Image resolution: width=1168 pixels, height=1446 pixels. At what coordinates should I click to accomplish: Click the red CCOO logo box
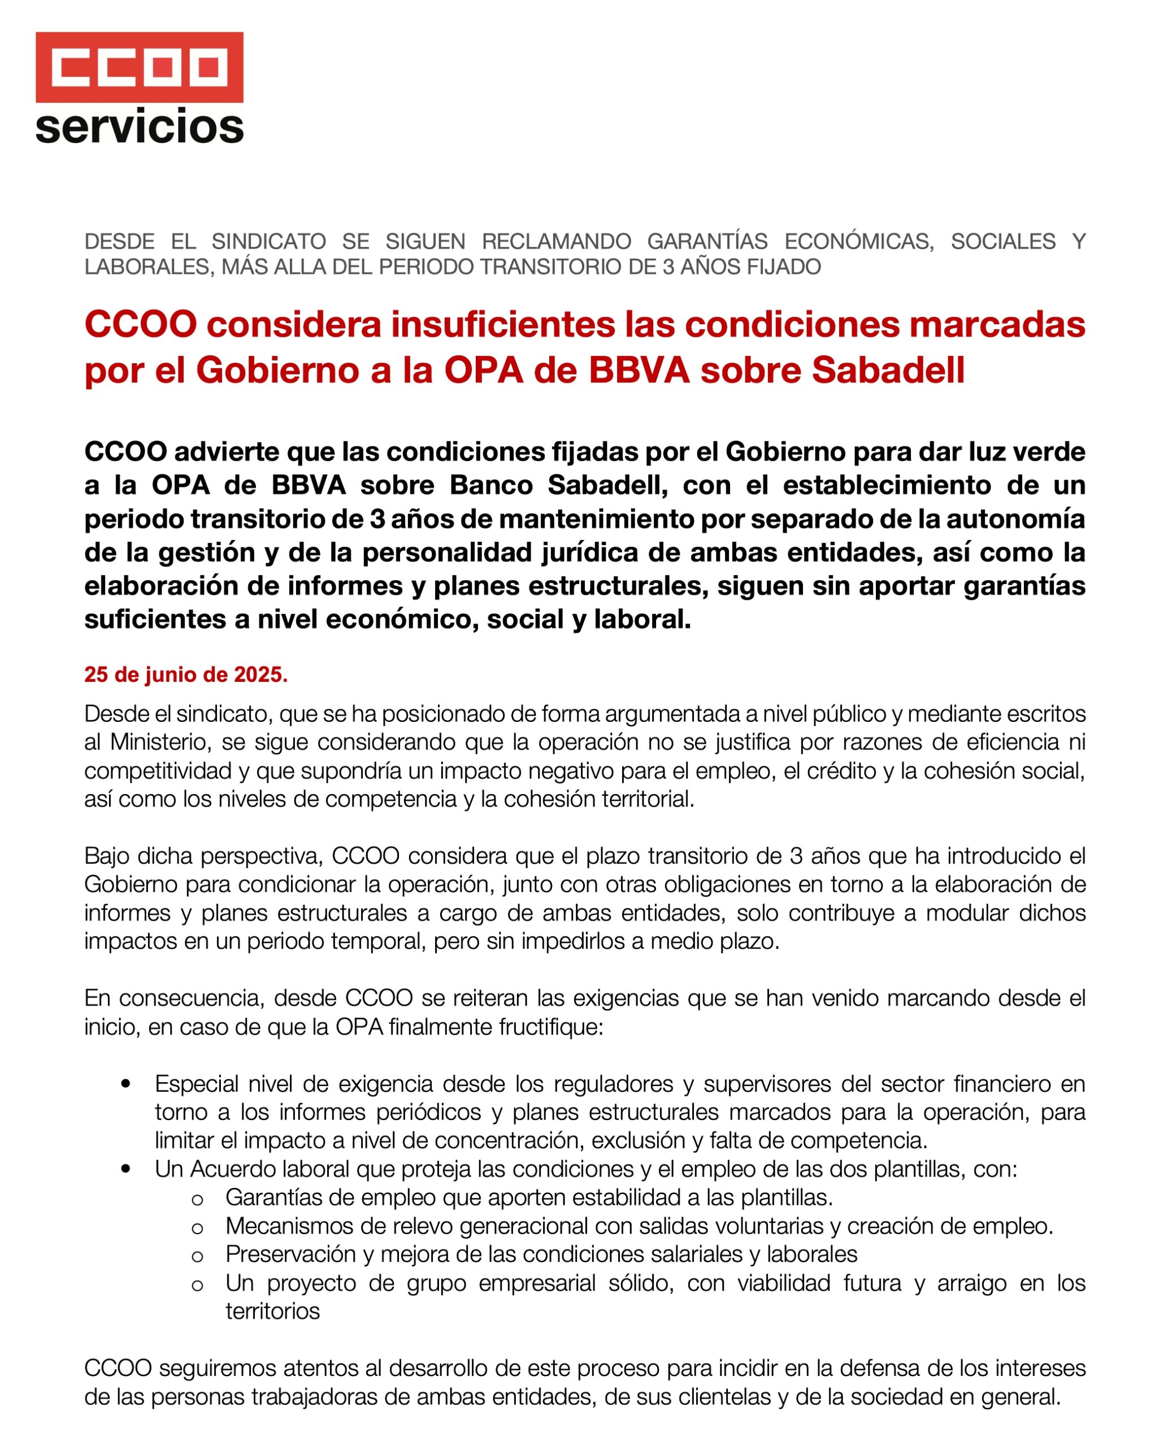click(139, 67)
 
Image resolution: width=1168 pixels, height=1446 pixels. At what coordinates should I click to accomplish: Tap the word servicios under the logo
click(139, 127)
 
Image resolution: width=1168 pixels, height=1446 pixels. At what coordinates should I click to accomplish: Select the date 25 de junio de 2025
click(186, 674)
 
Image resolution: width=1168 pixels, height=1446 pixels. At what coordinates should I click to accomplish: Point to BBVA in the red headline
click(639, 370)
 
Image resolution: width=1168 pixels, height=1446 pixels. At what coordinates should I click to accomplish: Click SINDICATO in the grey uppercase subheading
click(268, 241)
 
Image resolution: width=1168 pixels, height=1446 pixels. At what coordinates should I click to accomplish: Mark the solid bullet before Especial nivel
click(125, 1084)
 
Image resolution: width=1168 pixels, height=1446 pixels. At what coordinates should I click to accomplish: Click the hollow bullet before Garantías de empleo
click(197, 1199)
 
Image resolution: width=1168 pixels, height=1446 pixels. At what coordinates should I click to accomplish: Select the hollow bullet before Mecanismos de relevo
click(197, 1227)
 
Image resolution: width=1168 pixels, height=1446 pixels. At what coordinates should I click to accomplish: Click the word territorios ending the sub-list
click(272, 1311)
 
